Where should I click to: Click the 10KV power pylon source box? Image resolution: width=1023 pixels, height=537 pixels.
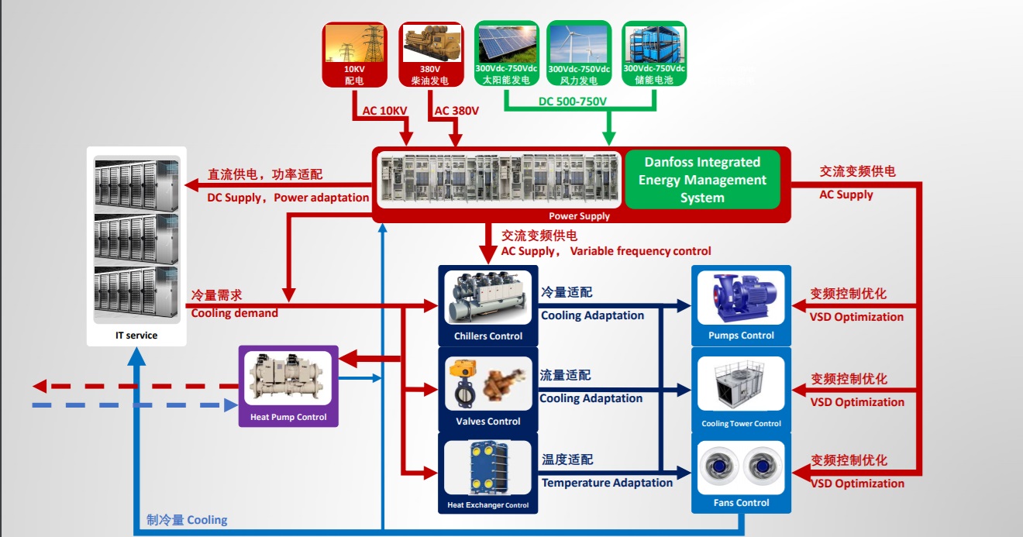(354, 53)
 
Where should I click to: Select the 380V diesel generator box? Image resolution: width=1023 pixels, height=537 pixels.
(429, 53)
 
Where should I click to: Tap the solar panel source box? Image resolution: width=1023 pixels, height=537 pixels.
(505, 53)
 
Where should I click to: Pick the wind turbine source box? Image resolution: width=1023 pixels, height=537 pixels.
(579, 53)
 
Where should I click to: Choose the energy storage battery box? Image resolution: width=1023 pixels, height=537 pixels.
(653, 53)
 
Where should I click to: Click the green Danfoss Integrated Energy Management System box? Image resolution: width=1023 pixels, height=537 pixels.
(702, 180)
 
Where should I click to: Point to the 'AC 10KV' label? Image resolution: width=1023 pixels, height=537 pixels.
(384, 111)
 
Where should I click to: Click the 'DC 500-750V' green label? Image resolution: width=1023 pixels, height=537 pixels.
(573, 102)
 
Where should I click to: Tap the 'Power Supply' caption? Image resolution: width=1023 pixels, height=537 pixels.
(579, 216)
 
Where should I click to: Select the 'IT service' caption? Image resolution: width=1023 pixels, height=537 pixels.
(136, 336)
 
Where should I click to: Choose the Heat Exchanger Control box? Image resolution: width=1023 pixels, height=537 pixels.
(488, 474)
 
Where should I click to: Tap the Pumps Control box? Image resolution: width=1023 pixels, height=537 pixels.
(741, 305)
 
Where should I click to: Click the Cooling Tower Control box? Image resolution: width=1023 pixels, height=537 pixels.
(741, 391)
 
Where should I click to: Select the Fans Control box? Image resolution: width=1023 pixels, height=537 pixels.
(741, 473)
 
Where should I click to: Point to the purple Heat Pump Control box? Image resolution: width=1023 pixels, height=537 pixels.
(288, 386)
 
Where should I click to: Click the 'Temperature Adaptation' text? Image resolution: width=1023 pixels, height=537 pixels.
(607, 483)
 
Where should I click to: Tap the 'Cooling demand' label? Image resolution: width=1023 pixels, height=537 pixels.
(234, 313)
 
